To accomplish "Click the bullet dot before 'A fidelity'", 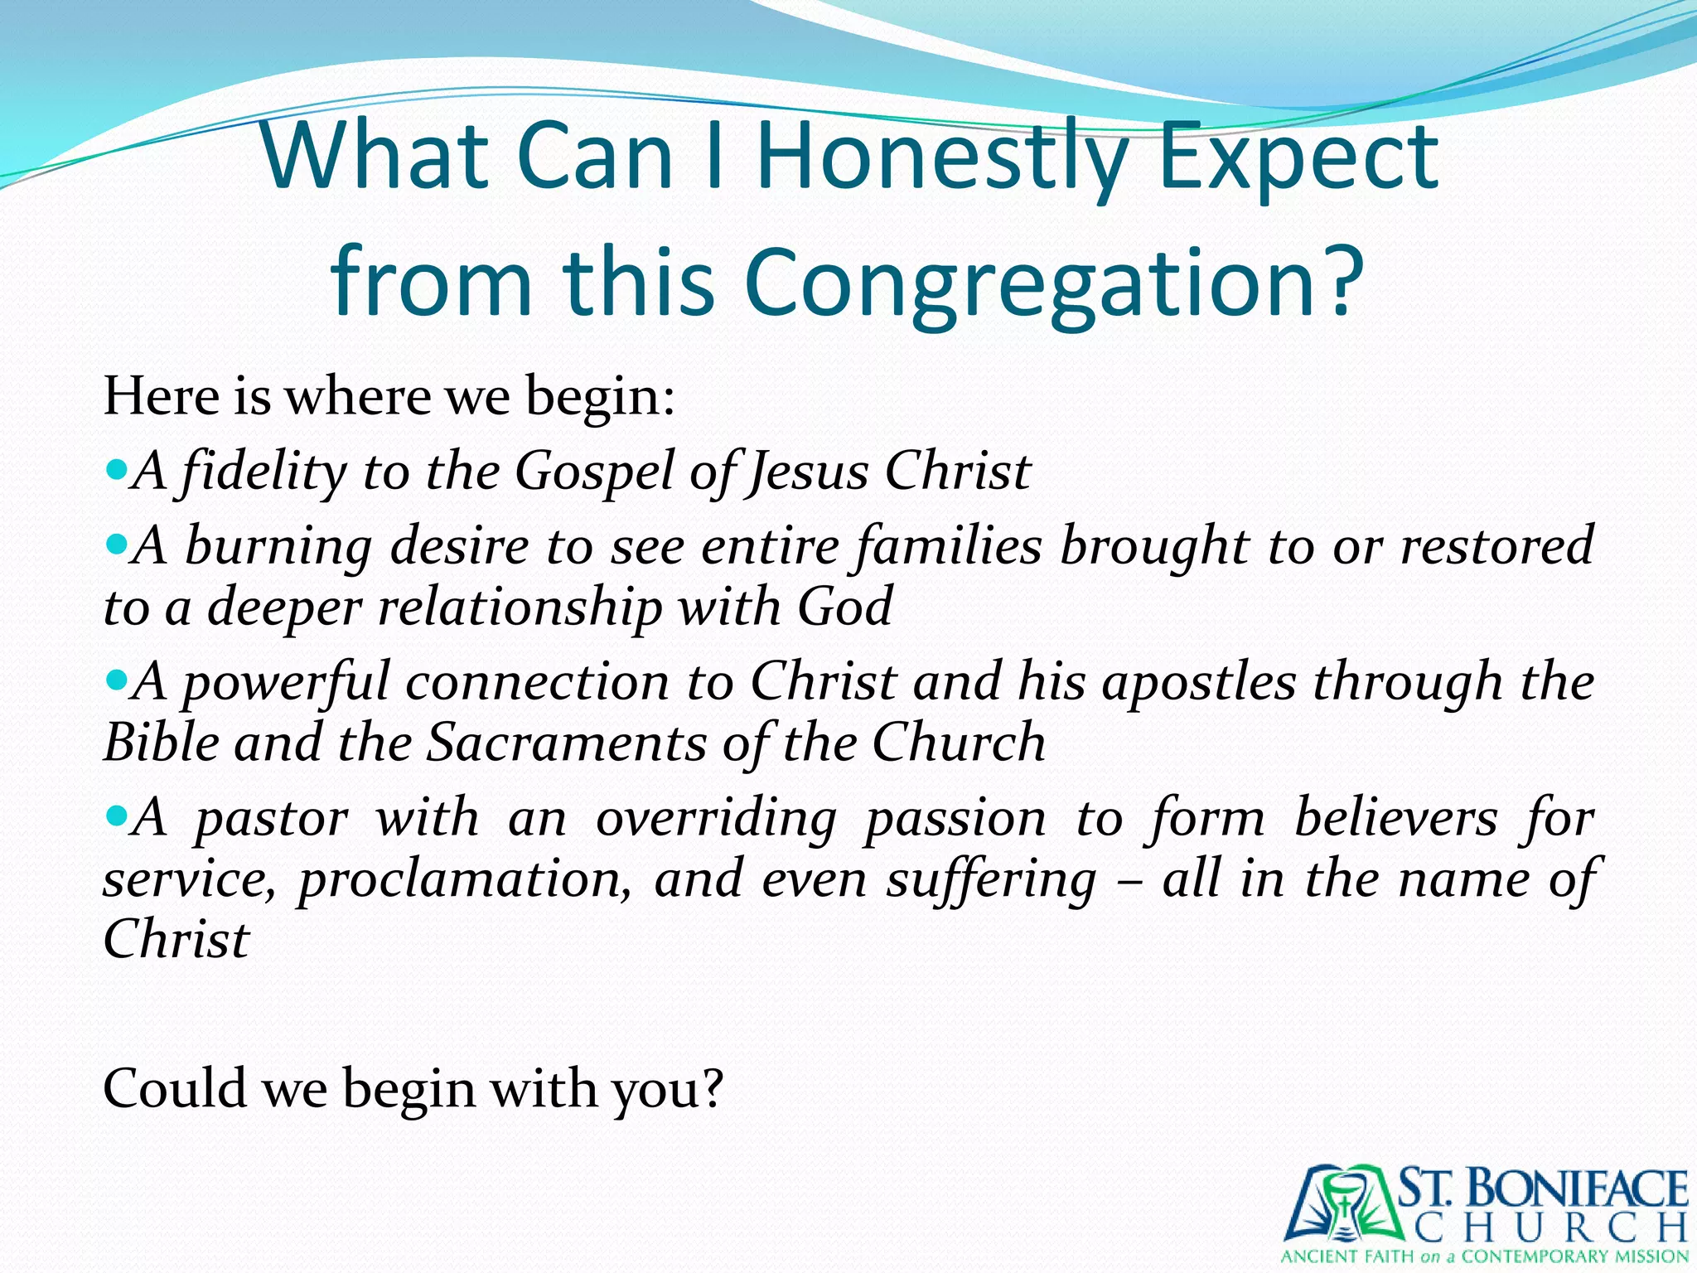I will pos(117,470).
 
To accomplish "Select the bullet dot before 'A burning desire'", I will pos(117,545).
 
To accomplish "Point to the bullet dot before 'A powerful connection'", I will pos(117,680).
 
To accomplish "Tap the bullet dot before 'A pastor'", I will pos(117,816).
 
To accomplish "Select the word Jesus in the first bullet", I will pos(808,472).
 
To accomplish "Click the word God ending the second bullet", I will pos(844,607).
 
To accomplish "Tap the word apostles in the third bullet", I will pos(1198,683).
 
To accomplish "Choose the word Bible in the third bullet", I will pos(162,743).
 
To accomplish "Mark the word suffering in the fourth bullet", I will pos(991,880).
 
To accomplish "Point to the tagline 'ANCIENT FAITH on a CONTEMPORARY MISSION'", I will pos(1484,1256).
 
